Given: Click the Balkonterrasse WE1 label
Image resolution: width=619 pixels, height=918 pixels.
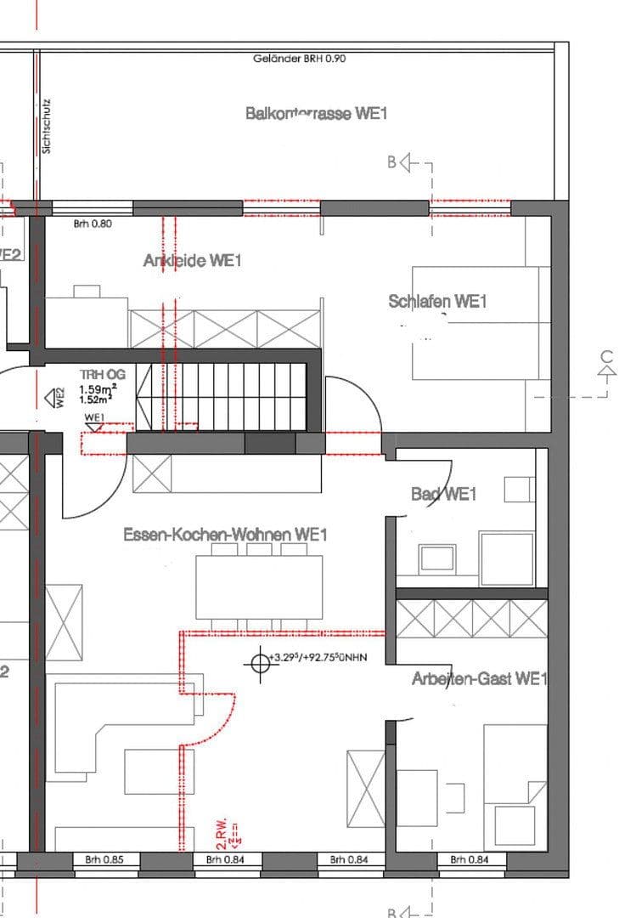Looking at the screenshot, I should pyautogui.click(x=316, y=113).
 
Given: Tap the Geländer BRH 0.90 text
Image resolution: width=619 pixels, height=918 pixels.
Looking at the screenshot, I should pyautogui.click(x=299, y=59).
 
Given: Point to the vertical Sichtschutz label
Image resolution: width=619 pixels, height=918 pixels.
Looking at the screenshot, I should pyautogui.click(x=47, y=124).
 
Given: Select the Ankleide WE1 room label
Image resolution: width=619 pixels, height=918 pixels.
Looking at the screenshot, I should pyautogui.click(x=192, y=261).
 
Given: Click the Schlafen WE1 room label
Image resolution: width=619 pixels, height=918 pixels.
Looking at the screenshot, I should pyautogui.click(x=437, y=301).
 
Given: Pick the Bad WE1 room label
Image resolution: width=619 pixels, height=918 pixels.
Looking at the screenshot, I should pyautogui.click(x=443, y=494).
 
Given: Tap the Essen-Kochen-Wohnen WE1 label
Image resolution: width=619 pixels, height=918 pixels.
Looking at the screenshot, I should pyautogui.click(x=225, y=535).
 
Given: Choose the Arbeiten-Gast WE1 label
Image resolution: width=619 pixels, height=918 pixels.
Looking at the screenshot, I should pyautogui.click(x=479, y=678).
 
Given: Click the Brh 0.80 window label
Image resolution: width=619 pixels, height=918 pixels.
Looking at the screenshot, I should pyautogui.click(x=93, y=224).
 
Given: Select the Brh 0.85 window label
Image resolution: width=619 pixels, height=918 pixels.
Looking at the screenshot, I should pyautogui.click(x=104, y=860).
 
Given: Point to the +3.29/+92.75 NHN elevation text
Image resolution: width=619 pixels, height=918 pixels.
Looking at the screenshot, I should pyautogui.click(x=317, y=657).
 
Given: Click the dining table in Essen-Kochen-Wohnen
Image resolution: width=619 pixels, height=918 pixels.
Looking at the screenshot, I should pyautogui.click(x=259, y=586).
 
